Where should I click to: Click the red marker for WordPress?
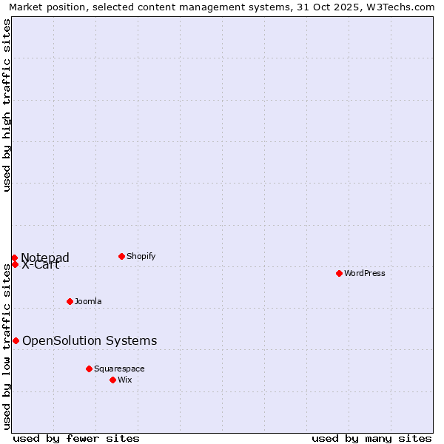coord(339,273)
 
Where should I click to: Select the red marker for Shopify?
coord(121,256)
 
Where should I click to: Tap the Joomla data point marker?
coord(70,301)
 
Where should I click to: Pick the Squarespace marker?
coord(89,369)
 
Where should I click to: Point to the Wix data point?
coord(112,380)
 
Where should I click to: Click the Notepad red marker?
coord(14,258)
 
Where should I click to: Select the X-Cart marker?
coord(15,264)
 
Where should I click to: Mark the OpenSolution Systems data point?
coord(16,340)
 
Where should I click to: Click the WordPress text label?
coord(365,273)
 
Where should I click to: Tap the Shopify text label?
coord(141,256)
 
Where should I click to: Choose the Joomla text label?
coord(88,301)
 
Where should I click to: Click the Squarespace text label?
coord(119,369)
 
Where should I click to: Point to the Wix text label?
coord(125,380)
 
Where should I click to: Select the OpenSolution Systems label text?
coord(90,340)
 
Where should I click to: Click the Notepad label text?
coord(45,257)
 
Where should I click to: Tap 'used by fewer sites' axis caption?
coord(76,438)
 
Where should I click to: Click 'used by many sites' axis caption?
coord(371,438)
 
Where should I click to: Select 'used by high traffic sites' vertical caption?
coord(7,105)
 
